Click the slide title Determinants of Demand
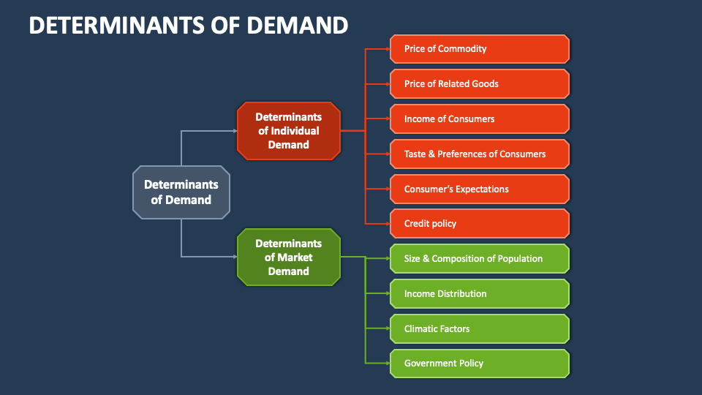(x=189, y=25)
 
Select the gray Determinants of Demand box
(x=181, y=192)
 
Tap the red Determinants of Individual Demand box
(x=288, y=131)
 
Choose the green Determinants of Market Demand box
(x=288, y=257)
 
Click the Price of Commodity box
(x=479, y=49)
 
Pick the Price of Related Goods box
(x=479, y=83)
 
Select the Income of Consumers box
(x=479, y=118)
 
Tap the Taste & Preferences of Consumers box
(x=479, y=154)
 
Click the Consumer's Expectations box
(x=479, y=189)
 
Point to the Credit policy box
(x=479, y=223)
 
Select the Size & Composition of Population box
(x=479, y=258)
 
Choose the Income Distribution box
(x=479, y=293)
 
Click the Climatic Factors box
(x=479, y=328)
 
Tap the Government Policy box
(x=479, y=363)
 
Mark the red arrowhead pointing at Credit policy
(x=387, y=223)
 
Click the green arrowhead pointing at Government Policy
(x=387, y=363)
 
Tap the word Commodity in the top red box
(x=462, y=49)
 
